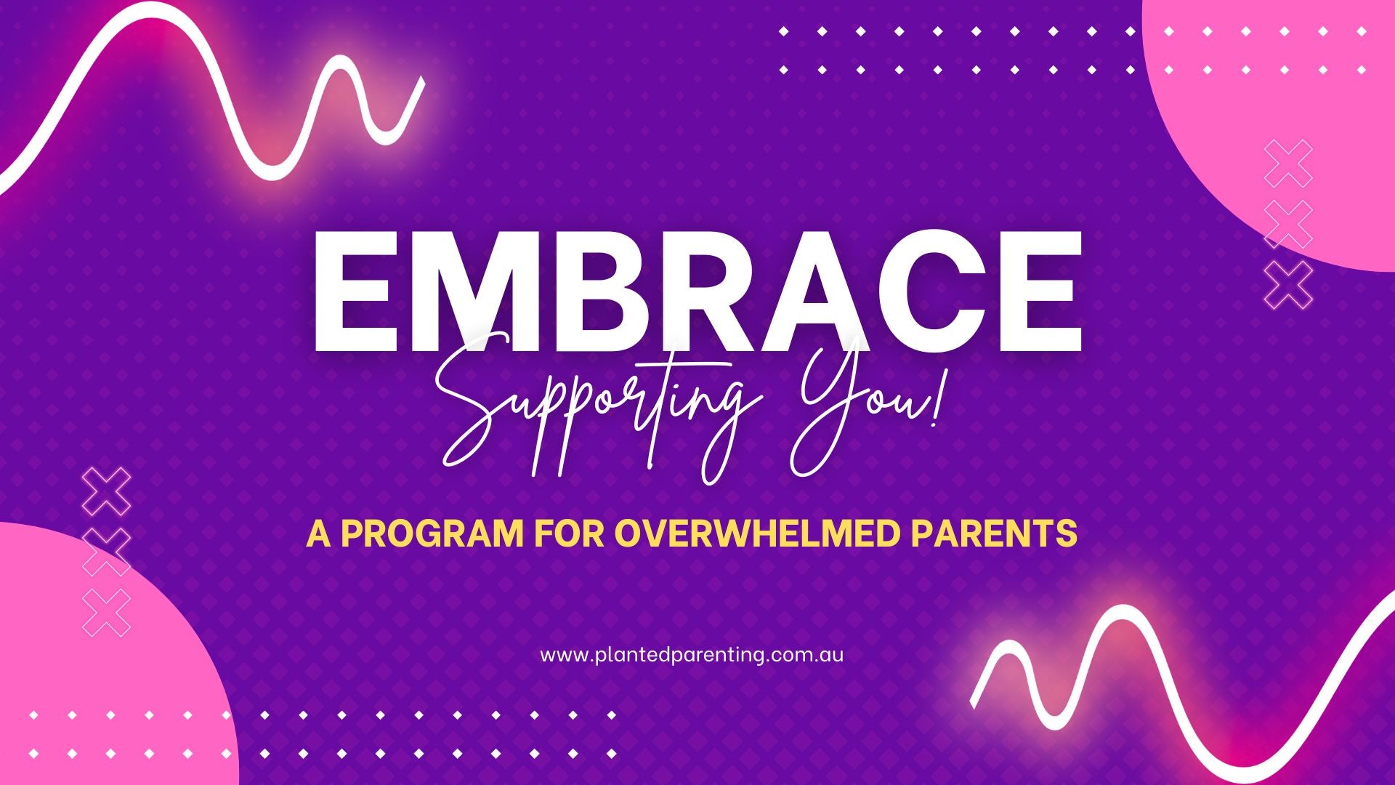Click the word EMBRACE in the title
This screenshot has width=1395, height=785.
[697, 291]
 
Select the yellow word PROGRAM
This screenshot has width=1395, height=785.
[432, 534]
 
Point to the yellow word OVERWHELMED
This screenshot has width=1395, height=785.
[754, 534]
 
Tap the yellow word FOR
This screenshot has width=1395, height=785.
[569, 534]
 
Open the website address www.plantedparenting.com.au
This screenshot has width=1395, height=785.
[692, 655]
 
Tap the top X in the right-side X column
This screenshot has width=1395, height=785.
[1288, 164]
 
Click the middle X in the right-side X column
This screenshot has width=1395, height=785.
[1288, 224]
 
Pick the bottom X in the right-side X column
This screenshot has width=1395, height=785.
[1288, 283]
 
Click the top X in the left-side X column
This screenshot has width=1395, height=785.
[107, 492]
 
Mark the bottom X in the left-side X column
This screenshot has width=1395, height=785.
[107, 613]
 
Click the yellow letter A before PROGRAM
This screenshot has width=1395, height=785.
[319, 534]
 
